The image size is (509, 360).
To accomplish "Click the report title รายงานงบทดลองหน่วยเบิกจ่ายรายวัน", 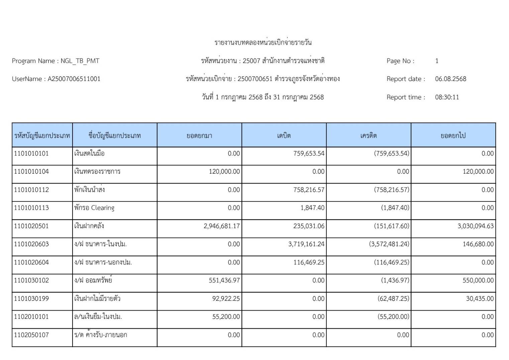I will point(263,42).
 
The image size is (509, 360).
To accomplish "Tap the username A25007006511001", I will point(74,79).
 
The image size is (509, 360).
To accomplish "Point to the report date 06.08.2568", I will point(450,79).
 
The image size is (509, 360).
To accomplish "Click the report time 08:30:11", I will point(447,97).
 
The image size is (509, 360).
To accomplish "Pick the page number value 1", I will point(437,61).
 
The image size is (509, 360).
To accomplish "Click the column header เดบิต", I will point(284,136).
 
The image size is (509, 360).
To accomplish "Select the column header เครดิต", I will point(369,136).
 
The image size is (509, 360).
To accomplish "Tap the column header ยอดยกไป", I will point(453,136).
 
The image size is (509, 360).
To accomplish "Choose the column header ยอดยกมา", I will point(199,136).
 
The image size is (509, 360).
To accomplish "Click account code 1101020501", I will point(31,226).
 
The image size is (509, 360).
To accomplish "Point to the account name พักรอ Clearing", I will point(94,208).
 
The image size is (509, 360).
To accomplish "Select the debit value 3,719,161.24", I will point(306,244).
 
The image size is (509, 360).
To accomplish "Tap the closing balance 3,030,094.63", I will point(476,226).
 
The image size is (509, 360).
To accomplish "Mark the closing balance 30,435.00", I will point(480,298).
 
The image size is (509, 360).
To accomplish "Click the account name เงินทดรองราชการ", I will point(97,172).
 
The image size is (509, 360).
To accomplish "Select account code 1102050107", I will point(31,335).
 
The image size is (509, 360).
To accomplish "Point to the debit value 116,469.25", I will point(309,262).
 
